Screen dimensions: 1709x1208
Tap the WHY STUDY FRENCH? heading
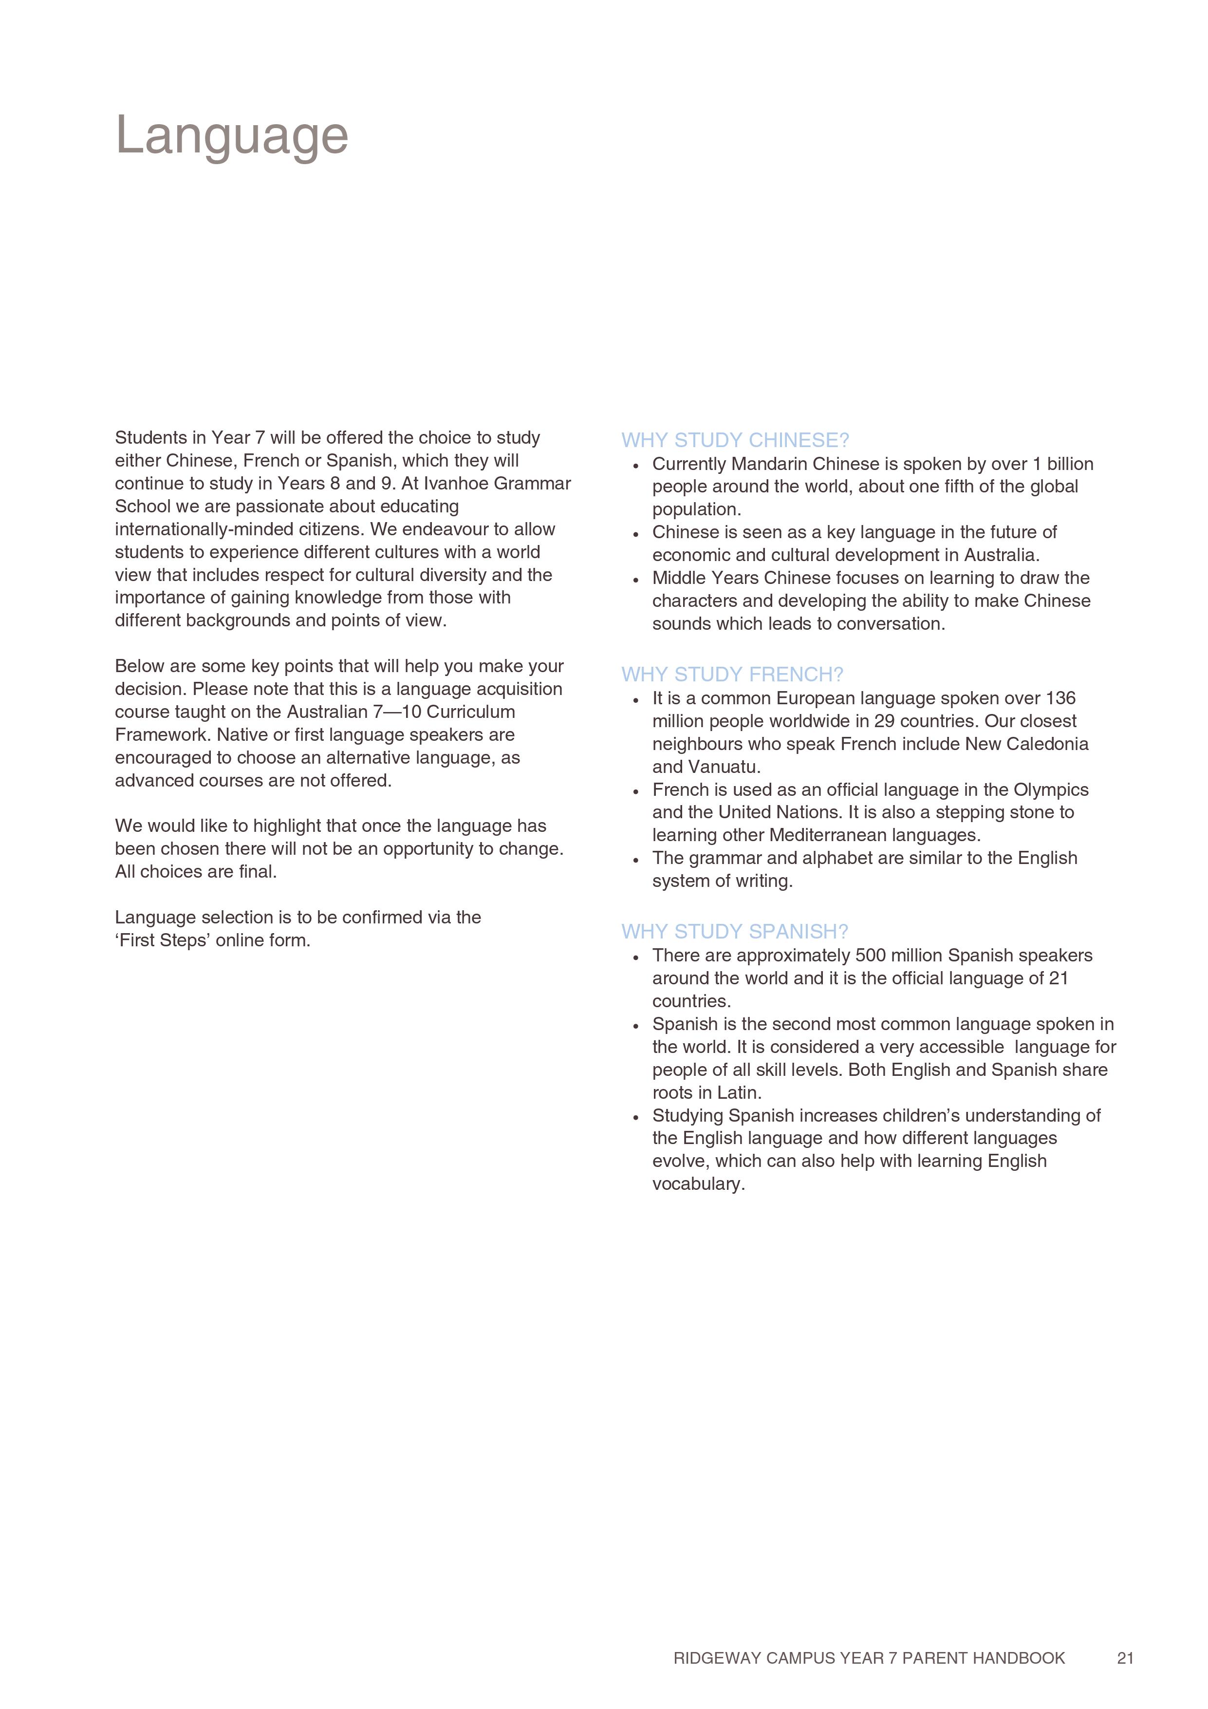point(732,675)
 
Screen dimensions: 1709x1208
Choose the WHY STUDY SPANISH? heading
point(735,931)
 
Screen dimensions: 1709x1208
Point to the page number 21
point(1125,1658)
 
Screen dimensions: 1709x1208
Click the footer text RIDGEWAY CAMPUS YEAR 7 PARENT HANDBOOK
point(869,1658)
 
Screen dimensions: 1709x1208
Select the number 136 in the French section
point(1060,698)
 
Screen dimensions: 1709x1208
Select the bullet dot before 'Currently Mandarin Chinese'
point(635,466)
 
